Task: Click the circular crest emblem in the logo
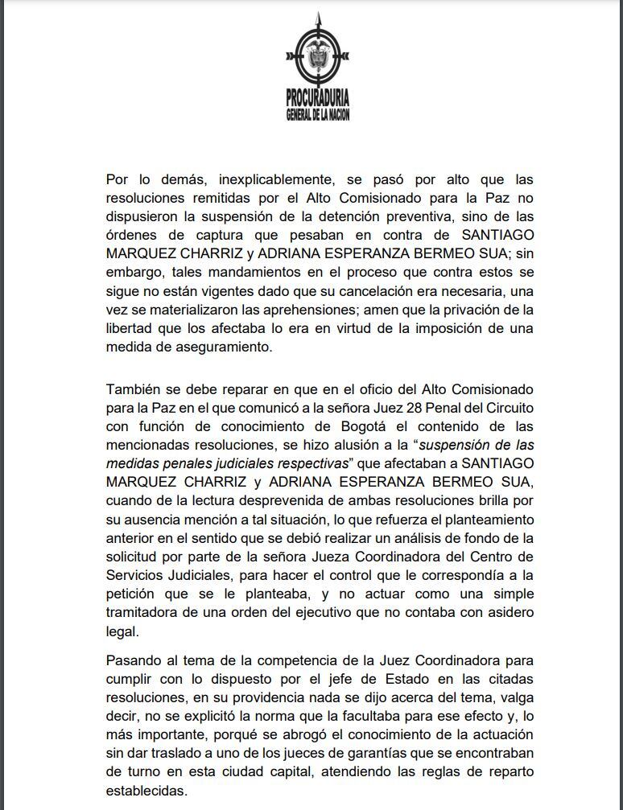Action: click(317, 57)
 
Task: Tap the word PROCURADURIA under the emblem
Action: click(317, 99)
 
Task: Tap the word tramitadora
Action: click(144, 613)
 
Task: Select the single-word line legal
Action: click(122, 631)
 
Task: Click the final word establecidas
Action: click(146, 790)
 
